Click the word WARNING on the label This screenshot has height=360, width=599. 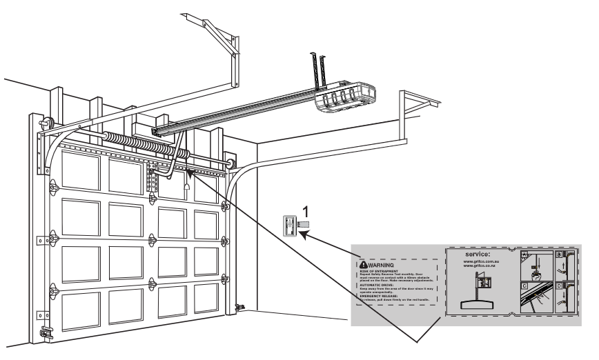coord(382,264)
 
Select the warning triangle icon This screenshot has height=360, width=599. coord(364,264)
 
